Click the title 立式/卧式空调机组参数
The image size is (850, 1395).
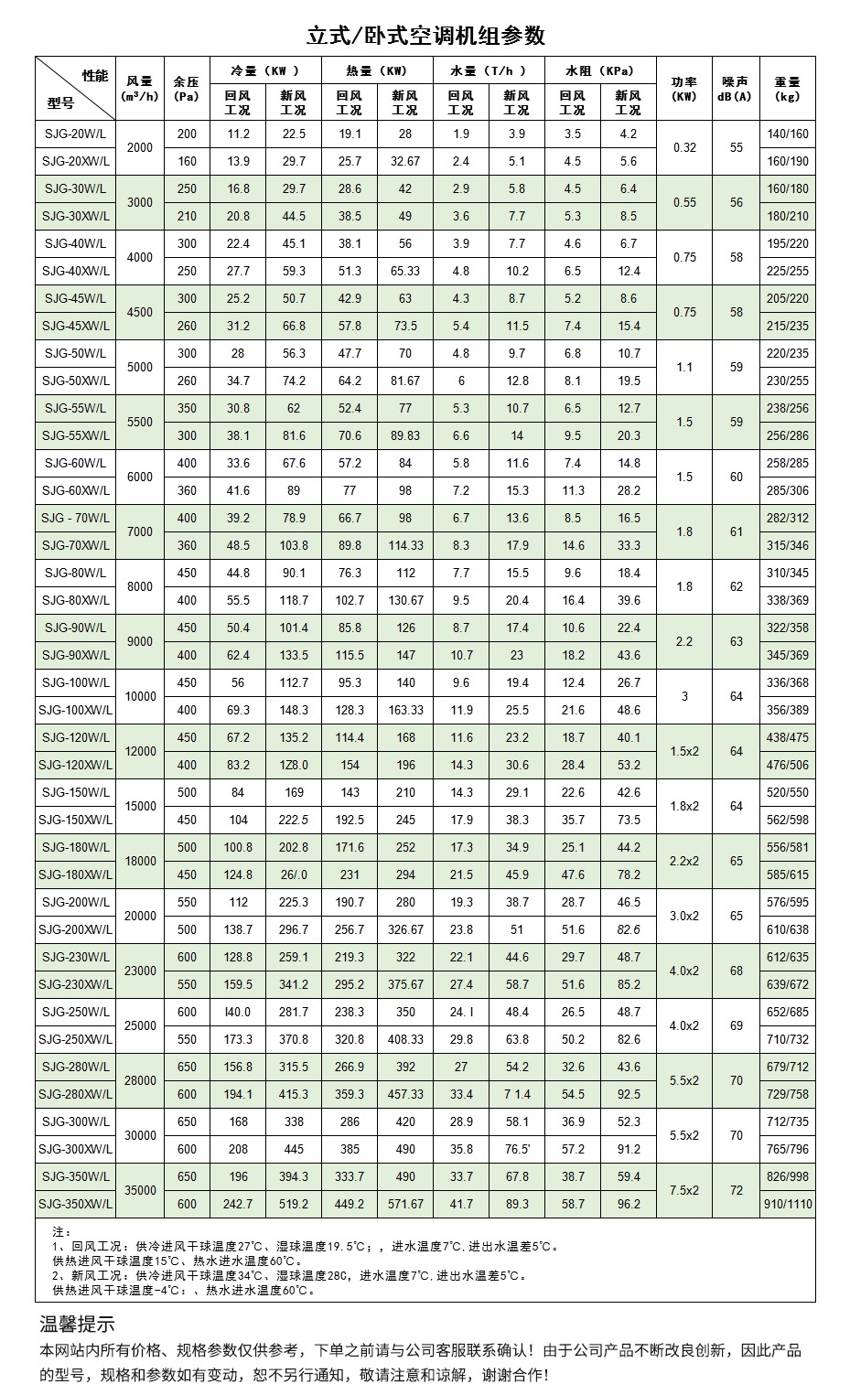[425, 36]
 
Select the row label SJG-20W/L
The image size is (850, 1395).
[75, 134]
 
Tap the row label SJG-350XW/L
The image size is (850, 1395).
[75, 1204]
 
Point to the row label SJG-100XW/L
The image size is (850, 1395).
[75, 710]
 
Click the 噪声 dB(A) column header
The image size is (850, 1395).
[736, 89]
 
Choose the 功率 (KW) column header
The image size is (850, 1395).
[684, 89]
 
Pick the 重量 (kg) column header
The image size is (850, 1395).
[787, 89]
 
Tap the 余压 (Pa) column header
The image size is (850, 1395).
[187, 89]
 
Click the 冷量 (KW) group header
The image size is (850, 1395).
[265, 70]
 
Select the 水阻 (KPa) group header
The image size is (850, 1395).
[599, 70]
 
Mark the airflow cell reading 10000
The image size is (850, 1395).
[140, 696]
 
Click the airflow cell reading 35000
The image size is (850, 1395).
[140, 1190]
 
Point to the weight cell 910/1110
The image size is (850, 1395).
[787, 1204]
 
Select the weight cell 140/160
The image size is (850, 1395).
[787, 134]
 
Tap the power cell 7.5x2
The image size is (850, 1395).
[684, 1190]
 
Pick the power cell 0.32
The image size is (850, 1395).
[684, 147]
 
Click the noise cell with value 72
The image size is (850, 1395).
[736, 1190]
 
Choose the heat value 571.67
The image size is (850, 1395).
[405, 1204]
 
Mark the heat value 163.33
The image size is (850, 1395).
[405, 710]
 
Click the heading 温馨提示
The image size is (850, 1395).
[78, 1324]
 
